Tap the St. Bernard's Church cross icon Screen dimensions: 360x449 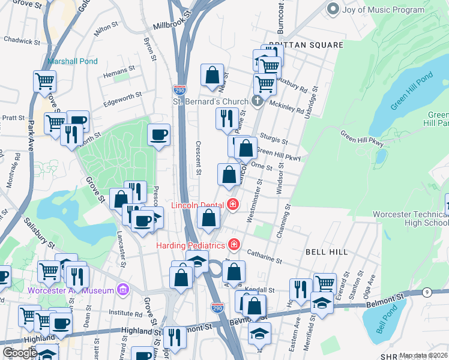pyautogui.click(x=258, y=100)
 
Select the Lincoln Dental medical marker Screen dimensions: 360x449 pyautogui.click(x=233, y=205)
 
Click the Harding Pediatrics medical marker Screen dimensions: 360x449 pyautogui.click(x=234, y=245)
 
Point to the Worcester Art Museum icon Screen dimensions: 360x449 pyautogui.click(x=124, y=290)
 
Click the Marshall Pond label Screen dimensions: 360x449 pyautogui.click(x=72, y=61)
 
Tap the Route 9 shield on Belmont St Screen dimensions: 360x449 pyautogui.click(x=427, y=292)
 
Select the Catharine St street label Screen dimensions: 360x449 pyautogui.click(x=264, y=258)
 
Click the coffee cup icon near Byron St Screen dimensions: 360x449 pyautogui.click(x=158, y=136)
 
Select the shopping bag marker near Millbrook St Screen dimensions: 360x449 pyautogui.click(x=212, y=76)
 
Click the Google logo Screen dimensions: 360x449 pyautogui.click(x=20, y=353)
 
